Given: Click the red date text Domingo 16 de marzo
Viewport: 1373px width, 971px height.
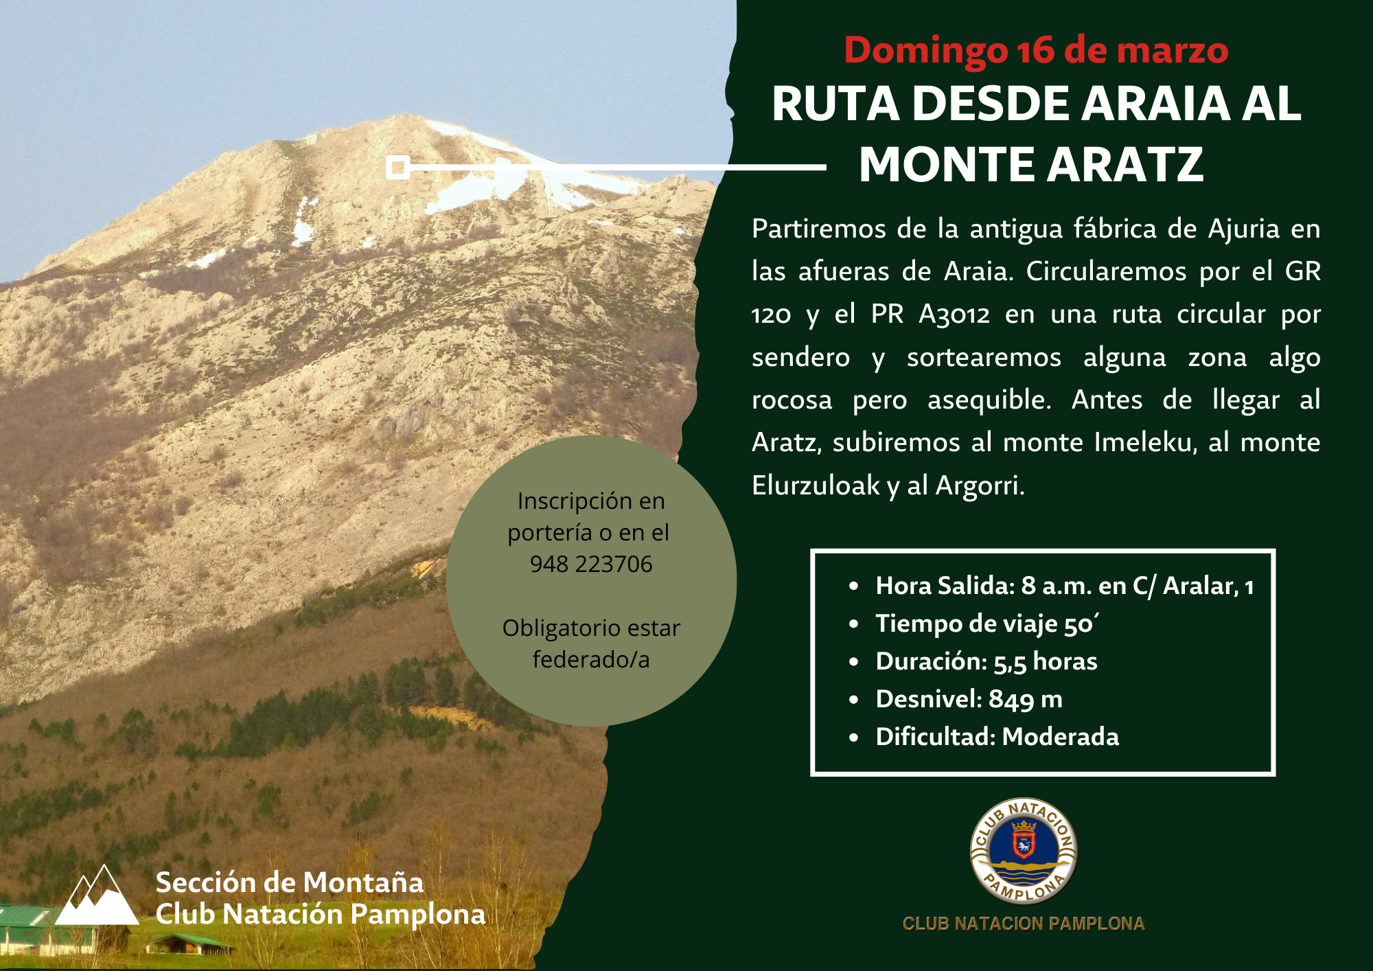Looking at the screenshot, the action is [1036, 50].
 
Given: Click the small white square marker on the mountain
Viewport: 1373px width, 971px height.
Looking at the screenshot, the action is [398, 167].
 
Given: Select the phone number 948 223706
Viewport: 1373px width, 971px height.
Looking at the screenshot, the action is [591, 564].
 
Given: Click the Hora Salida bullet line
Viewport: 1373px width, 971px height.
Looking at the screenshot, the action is [1065, 586].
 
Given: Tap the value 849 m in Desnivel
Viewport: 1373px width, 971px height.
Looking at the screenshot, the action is [1026, 699].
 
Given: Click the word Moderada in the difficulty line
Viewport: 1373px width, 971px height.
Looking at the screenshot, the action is [1061, 737].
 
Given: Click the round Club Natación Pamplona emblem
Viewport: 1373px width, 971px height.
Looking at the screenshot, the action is [1024, 852].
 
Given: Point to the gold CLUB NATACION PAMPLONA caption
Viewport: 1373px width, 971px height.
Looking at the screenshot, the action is [1024, 924].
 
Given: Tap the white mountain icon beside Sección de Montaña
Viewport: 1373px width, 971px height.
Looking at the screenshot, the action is [97, 895].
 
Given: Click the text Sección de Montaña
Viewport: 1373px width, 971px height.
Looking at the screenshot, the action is [290, 883].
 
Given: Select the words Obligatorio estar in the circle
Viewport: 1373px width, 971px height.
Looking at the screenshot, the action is [591, 628].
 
